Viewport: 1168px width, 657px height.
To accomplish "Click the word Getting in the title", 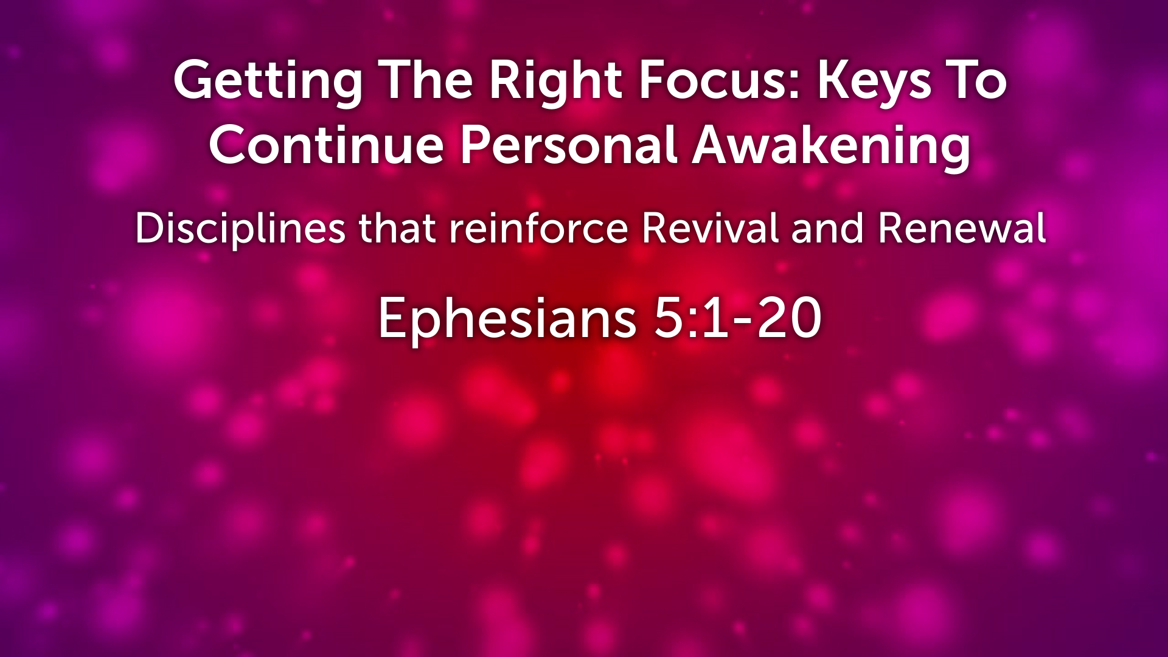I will coord(268,81).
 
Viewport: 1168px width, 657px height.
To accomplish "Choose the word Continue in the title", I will coord(326,145).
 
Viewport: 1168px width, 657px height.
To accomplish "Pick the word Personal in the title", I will coord(568,145).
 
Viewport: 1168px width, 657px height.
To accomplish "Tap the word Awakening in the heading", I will coord(831,145).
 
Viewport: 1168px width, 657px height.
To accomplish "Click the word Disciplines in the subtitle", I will coord(240,229).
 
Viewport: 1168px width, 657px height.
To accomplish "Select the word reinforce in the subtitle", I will coord(538,229).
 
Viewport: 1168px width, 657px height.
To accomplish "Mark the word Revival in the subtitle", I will coord(709,229).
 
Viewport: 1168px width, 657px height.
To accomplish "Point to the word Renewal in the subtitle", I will coord(962,229).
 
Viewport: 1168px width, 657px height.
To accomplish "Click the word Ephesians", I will coord(507,318).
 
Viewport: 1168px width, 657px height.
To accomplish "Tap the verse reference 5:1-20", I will coord(737,318).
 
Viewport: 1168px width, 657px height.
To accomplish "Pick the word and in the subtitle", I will coord(827,229).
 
